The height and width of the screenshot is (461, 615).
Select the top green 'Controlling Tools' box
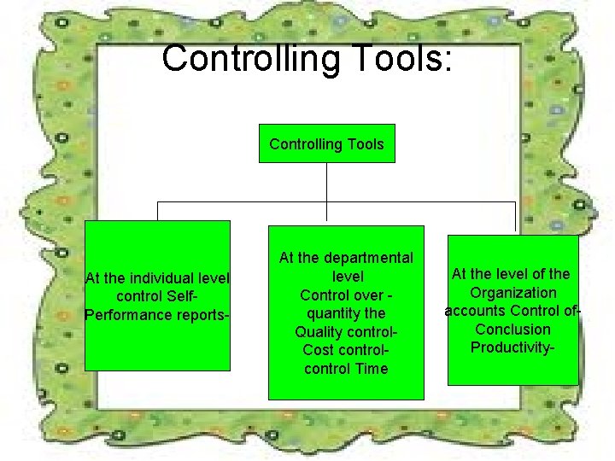[x=326, y=144]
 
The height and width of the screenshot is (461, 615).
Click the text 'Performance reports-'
[x=157, y=314]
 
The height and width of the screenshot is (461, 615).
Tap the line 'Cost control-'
[x=346, y=351]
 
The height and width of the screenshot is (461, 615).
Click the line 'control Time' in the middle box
[x=346, y=369]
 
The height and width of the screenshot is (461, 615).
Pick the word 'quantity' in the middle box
[x=333, y=313]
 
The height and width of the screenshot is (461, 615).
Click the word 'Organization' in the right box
[x=512, y=293]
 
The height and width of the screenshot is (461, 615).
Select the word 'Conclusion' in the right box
[x=512, y=330]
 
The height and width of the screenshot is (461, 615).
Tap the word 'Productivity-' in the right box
[x=512, y=347]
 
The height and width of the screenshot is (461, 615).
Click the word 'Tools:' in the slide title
[x=406, y=59]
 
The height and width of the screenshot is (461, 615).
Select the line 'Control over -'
[x=346, y=295]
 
